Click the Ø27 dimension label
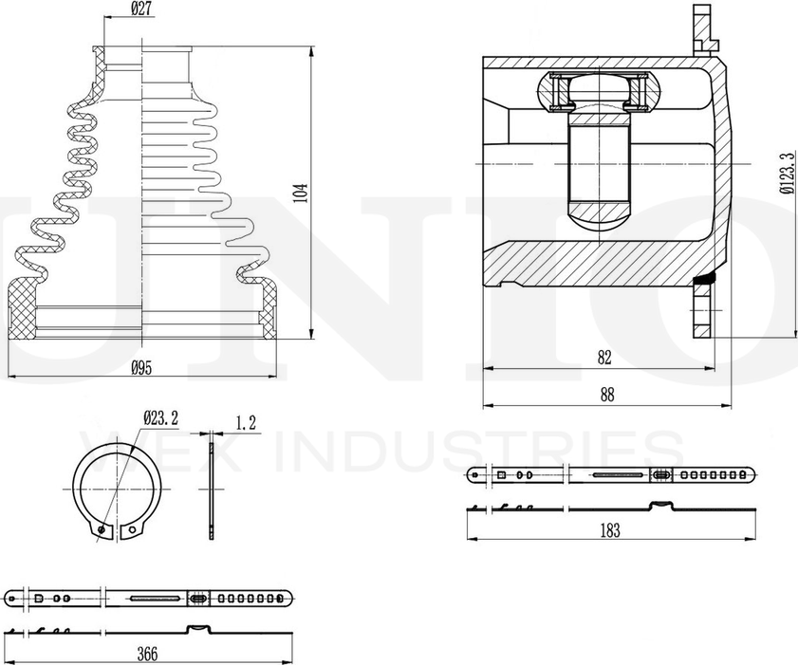coord(141,11)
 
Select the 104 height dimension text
coord(301,194)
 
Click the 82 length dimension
coord(604,357)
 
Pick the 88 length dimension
coord(605,393)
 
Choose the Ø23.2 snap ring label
coord(159,416)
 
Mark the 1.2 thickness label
coord(246,424)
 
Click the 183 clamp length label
coord(610,530)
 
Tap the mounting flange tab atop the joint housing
coord(702,28)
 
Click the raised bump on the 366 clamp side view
coord(199,628)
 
